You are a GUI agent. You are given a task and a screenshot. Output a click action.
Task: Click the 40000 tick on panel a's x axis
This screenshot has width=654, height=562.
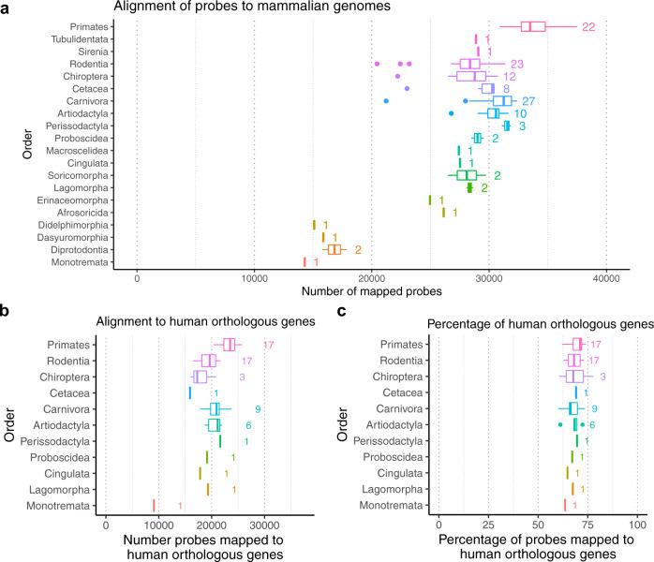[x=606, y=278]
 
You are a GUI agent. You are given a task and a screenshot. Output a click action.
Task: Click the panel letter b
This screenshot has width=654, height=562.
[x=6, y=315]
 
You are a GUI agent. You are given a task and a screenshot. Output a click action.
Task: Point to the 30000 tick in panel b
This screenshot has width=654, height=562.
[x=263, y=523]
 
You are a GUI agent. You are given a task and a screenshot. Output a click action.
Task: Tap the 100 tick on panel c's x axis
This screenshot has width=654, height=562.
[x=637, y=523]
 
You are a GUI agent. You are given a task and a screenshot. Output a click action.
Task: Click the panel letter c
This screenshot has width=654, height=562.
[x=336, y=315]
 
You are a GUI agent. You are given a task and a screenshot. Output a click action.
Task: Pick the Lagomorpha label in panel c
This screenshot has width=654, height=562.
[x=398, y=489]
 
